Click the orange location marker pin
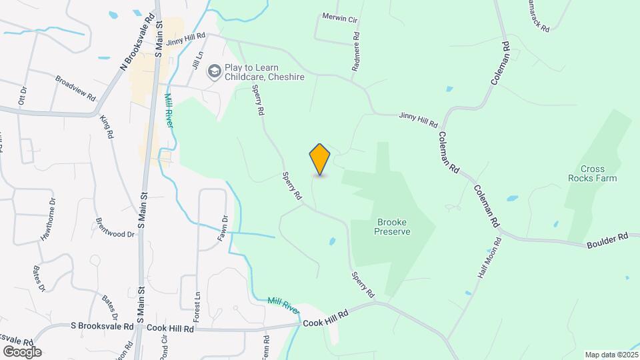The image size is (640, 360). coord(320,159)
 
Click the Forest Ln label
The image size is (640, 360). coord(197,304)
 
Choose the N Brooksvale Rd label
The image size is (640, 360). coord(137,41)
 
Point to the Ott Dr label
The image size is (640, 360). coord(23,95)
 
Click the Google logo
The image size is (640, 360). coord(22,351)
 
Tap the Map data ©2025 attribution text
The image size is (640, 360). coord(611,355)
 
